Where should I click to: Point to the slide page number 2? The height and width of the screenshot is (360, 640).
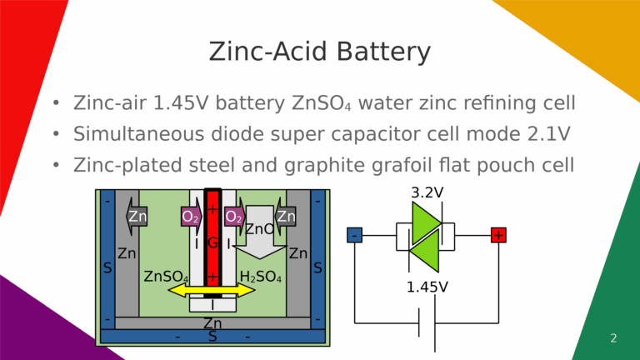(613, 338)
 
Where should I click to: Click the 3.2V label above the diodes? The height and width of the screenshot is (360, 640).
(427, 192)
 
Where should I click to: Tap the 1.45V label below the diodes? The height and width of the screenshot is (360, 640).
(427, 287)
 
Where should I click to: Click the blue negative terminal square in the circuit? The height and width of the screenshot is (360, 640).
(355, 236)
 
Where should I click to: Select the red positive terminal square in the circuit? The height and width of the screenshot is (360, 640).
(498, 236)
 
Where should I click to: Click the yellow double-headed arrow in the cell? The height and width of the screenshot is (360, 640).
(212, 290)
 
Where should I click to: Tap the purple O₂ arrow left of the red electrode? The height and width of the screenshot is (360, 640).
(191, 217)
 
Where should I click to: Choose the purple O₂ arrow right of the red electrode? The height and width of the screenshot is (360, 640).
(234, 217)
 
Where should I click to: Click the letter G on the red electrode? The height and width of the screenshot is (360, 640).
(212, 243)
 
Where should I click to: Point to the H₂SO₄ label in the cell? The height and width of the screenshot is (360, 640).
(260, 276)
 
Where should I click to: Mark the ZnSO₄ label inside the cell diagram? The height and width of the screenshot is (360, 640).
(165, 276)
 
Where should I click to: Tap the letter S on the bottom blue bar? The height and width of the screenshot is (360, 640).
(212, 337)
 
